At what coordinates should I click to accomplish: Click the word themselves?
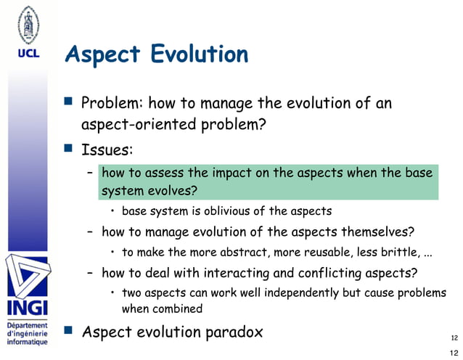[377, 232]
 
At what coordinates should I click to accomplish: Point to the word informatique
[27, 341]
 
